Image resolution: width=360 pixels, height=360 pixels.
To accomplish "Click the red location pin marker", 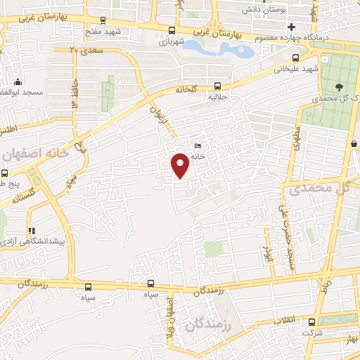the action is coord(181,165).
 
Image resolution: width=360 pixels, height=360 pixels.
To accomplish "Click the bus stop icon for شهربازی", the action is coord(172,30).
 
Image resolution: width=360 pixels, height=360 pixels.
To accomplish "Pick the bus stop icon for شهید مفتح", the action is coord(103,20).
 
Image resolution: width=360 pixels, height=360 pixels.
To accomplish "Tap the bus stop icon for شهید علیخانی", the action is coord(296,58).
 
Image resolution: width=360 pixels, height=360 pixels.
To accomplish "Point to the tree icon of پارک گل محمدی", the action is coord(340,88).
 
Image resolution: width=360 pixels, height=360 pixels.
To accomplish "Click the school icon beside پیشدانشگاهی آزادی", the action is coord(30,231).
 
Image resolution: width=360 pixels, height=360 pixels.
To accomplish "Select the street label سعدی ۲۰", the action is coord(86,51).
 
